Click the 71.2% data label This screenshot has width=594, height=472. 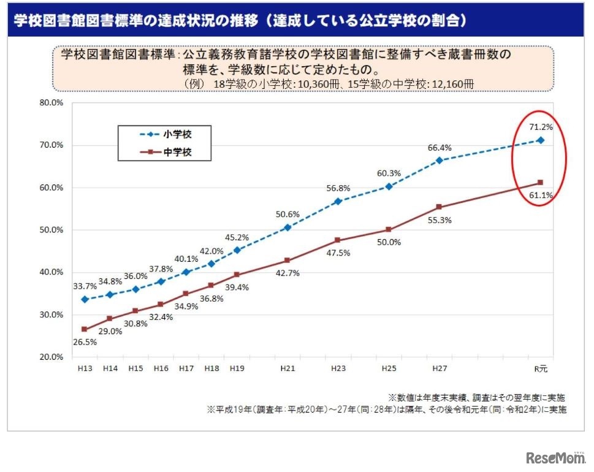[x=542, y=128]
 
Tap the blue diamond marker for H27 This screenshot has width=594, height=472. [x=439, y=160]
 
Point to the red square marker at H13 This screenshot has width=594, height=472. [x=85, y=329]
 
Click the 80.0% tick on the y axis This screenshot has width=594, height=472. [x=51, y=103]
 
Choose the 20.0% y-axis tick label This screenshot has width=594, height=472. [x=51, y=357]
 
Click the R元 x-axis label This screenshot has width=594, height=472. [x=540, y=369]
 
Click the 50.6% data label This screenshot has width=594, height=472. [x=288, y=215]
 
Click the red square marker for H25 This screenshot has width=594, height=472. [x=389, y=230]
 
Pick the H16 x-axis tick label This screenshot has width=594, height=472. [x=161, y=369]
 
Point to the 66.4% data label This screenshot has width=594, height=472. [x=439, y=148]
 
